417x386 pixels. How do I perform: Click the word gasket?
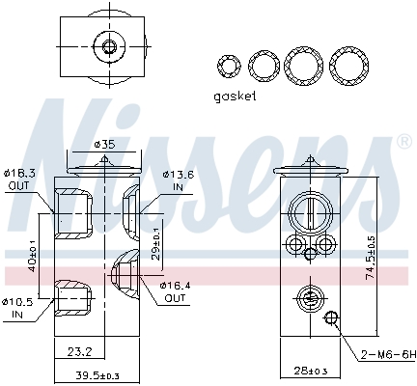click(x=235, y=96)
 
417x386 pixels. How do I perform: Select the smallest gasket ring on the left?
click(x=229, y=67)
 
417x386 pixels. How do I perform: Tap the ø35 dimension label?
click(x=105, y=144)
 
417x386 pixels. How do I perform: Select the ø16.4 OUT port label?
click(x=176, y=291)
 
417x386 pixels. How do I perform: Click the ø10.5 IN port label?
click(x=19, y=308)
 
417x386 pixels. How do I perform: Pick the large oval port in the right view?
click(x=308, y=213)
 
